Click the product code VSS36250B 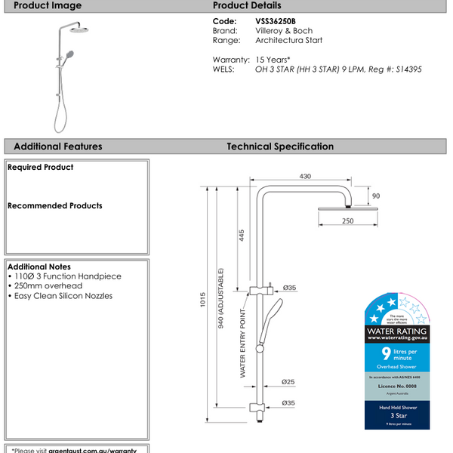(x=279, y=22)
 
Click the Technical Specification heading (x=280, y=146)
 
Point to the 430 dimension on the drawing (x=305, y=176)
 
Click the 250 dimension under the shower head (x=347, y=220)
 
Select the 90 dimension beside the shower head (x=376, y=196)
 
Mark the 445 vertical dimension (x=242, y=235)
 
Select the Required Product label (x=40, y=168)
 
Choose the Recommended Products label (x=54, y=205)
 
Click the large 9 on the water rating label (x=386, y=353)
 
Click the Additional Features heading (x=57, y=146)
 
